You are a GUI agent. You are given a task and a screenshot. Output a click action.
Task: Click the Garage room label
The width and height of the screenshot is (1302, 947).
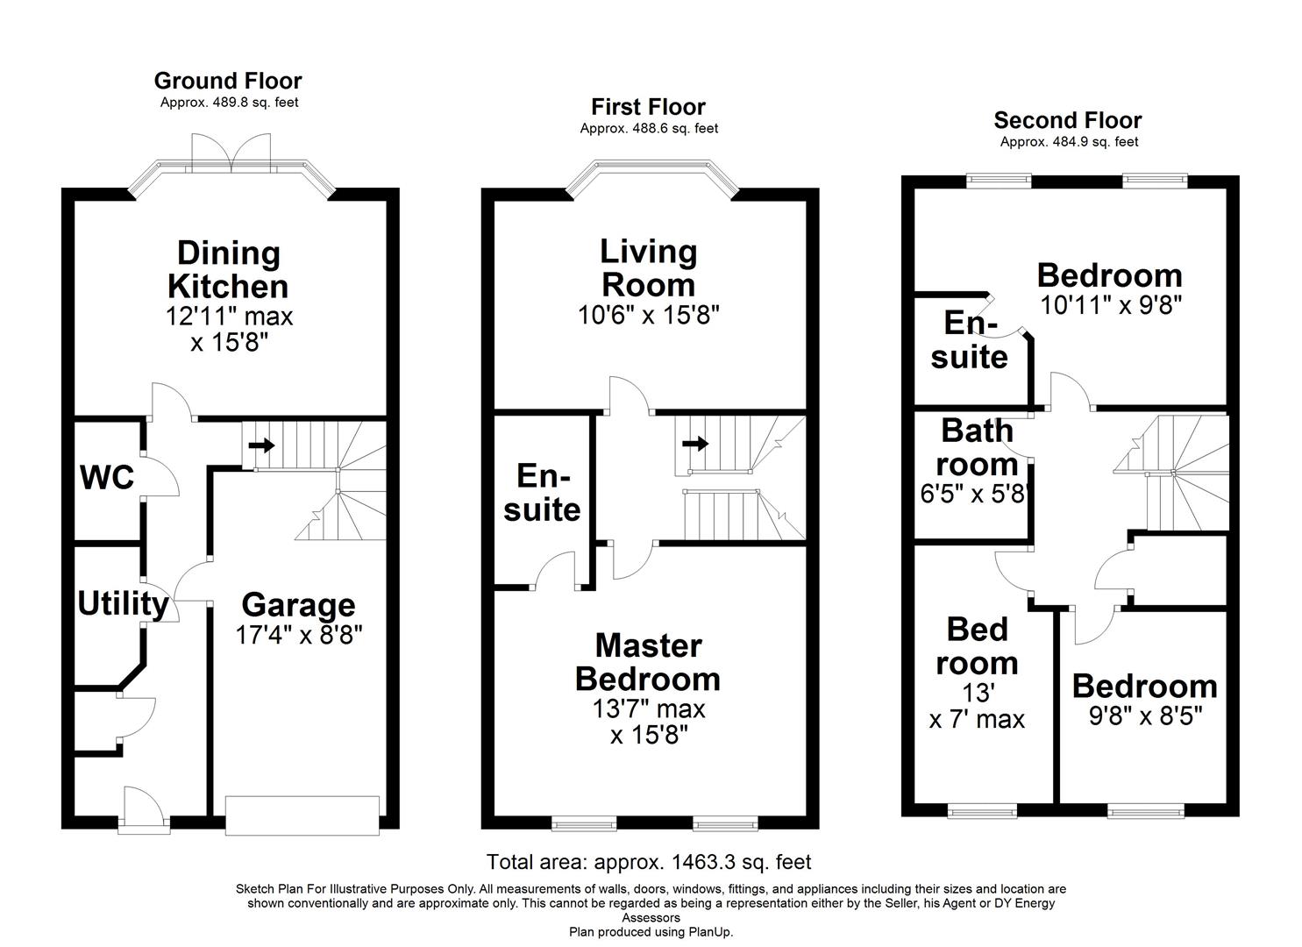click(x=298, y=605)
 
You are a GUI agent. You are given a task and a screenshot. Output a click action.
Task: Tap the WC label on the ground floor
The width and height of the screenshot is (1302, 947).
click(x=107, y=478)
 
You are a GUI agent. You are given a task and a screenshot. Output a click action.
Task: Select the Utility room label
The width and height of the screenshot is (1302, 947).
click(x=123, y=604)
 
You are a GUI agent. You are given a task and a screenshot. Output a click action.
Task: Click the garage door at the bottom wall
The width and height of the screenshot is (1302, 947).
click(x=302, y=815)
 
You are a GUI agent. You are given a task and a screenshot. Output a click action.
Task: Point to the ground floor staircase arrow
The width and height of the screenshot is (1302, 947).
click(x=261, y=445)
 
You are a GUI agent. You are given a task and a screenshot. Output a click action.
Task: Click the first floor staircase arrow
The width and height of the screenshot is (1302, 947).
click(x=695, y=444)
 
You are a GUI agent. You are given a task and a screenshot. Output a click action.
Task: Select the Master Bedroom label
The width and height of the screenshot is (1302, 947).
click(x=648, y=663)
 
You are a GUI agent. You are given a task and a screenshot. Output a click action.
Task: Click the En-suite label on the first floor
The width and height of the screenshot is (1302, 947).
click(x=542, y=493)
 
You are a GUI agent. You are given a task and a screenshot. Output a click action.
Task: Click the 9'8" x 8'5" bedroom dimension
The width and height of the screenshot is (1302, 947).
click(x=1144, y=716)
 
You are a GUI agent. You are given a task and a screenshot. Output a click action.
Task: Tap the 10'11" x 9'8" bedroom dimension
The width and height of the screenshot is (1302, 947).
click(x=1111, y=306)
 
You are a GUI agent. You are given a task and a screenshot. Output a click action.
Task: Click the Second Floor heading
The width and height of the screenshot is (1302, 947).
click(x=1068, y=120)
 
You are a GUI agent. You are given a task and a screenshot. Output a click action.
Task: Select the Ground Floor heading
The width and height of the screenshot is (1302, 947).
click(x=228, y=81)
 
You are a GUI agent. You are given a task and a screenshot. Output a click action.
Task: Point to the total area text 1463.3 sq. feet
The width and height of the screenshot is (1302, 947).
click(x=649, y=862)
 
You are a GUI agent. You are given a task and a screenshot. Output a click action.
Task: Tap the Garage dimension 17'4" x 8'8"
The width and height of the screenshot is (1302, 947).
click(x=298, y=634)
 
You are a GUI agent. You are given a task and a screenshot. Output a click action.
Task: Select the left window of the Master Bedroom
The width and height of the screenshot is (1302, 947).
click(x=584, y=823)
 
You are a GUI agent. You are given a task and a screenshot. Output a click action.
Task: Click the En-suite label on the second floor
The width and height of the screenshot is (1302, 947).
click(x=970, y=340)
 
